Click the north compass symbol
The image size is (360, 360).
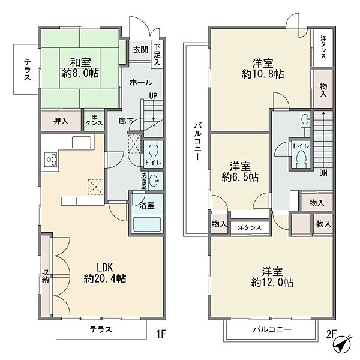342,344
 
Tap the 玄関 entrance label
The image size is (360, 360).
141,50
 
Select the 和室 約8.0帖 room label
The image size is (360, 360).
80,68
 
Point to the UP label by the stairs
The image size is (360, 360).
153,96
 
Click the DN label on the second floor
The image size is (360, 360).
323,173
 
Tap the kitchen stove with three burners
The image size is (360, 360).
51,159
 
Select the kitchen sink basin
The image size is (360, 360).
82,142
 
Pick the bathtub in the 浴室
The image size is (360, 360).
147,225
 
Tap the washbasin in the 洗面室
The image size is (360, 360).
154,181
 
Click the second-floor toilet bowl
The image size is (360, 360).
301,158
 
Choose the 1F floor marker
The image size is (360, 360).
161,334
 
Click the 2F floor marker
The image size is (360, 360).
331,334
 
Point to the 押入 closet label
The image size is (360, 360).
61,121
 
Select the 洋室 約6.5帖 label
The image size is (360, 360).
240,172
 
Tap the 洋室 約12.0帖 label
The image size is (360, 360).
272,277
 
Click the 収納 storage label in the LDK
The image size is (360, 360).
45,276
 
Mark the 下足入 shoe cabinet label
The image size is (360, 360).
157,55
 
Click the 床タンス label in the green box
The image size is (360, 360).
94,121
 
